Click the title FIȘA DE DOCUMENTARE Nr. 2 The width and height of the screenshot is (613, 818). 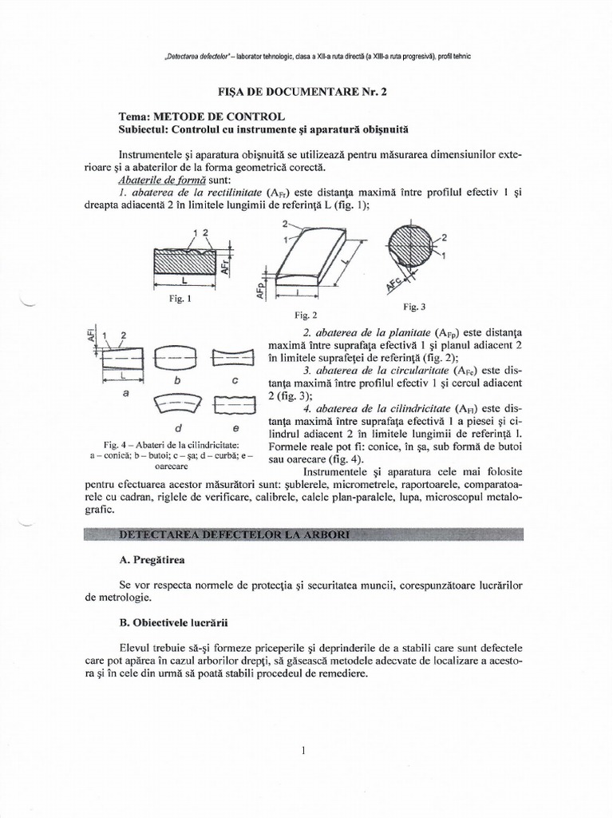tap(306, 92)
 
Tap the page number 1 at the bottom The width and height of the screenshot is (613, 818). tap(305, 750)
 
